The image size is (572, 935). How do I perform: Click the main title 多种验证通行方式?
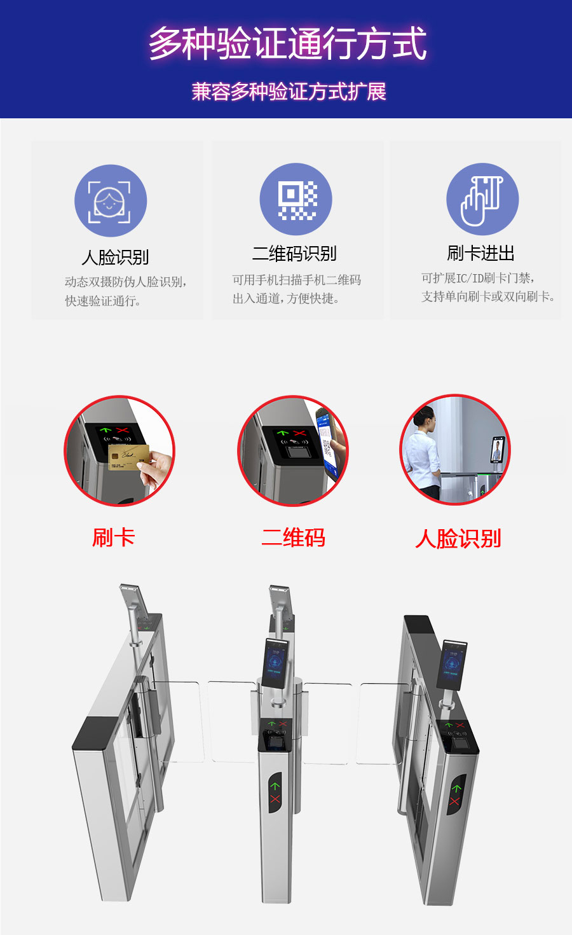coord(287,44)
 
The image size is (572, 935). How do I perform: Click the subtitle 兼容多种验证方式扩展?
coord(289,92)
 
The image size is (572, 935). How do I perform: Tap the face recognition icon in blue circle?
coord(111,200)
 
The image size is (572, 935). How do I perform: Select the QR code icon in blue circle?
coord(296,199)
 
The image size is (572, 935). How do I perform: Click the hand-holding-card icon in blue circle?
coord(482,199)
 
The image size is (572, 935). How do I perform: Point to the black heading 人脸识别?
coord(115,257)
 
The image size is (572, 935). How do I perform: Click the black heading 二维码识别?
coord(294,254)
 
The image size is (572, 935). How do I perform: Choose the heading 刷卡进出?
coord(480,253)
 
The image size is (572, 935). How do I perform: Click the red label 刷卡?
coord(113,537)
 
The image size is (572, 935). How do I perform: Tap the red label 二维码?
coord(293,537)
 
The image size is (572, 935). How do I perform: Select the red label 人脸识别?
coord(458,539)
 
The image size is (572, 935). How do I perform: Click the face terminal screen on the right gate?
coord(453,665)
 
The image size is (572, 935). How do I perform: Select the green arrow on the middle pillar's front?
coord(275,786)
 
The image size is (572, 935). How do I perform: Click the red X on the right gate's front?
coord(454,801)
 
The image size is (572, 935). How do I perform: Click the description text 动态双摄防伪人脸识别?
coord(125,282)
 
